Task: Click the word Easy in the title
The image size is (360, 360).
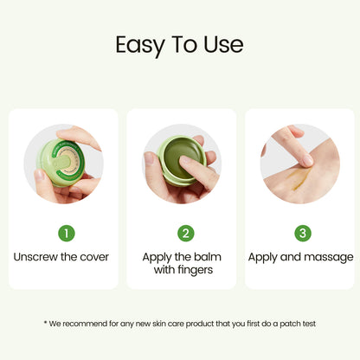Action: [x=140, y=46]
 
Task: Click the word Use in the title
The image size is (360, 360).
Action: [x=223, y=44]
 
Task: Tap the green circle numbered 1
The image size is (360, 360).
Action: [x=67, y=233]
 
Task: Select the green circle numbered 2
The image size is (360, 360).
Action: [x=186, y=233]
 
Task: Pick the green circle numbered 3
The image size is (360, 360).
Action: [x=303, y=233]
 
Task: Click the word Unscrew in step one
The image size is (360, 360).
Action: [x=35, y=257]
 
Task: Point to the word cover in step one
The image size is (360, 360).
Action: [x=94, y=257]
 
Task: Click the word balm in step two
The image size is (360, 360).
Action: [x=208, y=257]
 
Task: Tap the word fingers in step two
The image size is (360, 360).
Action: [x=196, y=270]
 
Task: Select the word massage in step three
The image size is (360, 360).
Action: [x=329, y=258]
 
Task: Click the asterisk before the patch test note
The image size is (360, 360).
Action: [x=45, y=322]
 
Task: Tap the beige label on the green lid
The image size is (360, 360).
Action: [x=67, y=160]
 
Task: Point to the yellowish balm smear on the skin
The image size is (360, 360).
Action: [x=300, y=179]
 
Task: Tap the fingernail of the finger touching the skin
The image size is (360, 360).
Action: [x=307, y=160]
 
